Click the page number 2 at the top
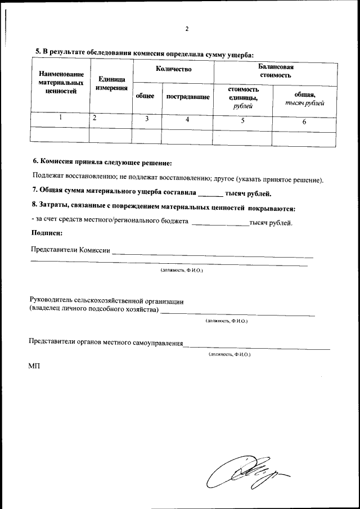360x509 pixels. coord(187,29)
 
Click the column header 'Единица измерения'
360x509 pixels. coord(111,84)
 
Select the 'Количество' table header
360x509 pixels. coord(174,69)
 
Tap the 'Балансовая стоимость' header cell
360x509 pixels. coord(276,70)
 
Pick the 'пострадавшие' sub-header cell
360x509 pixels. coord(188,97)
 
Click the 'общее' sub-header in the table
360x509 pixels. coord(145,96)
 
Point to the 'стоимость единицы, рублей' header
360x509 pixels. coord(243,97)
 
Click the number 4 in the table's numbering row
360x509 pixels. coord(187,119)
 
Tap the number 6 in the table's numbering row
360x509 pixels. coord(304,121)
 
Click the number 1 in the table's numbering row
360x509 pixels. coord(60,118)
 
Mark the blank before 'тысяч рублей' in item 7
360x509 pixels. coord(210,195)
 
